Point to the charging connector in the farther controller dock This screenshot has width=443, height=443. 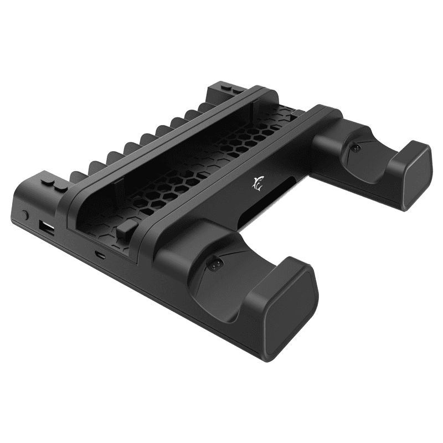click(356, 150)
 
